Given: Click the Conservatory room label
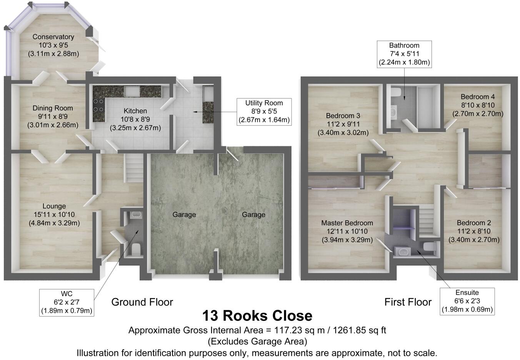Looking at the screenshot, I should [53, 37].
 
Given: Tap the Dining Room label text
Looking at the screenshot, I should [53, 108].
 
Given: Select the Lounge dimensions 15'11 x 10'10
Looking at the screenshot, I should [54, 215].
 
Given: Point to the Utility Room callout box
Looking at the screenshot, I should [264, 112].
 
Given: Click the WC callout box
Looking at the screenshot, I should [67, 302].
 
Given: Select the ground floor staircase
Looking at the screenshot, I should [133, 168].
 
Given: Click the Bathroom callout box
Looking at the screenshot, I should [404, 54].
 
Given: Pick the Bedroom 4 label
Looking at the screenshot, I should [478, 97].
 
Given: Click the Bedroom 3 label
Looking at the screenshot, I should [343, 116].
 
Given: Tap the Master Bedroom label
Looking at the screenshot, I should [347, 223].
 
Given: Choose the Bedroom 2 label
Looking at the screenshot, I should [474, 223].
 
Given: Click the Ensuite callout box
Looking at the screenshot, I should [467, 301].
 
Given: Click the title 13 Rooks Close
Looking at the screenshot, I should [257, 316].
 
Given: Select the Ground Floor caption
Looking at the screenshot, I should [142, 302].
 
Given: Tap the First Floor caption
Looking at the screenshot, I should [408, 302].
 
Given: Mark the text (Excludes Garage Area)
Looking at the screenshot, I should [257, 342].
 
